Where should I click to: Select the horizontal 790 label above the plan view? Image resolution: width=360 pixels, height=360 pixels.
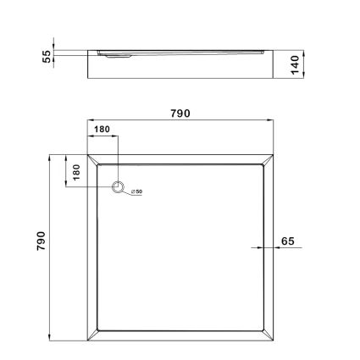coord(181,113)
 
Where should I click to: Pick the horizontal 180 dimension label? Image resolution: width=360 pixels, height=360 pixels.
coord(102,130)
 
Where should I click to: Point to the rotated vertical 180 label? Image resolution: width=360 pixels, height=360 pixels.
coord(76,170)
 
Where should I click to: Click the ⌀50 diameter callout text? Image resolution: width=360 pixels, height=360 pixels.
coord(136,192)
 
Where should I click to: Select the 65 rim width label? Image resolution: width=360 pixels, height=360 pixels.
coord(287,241)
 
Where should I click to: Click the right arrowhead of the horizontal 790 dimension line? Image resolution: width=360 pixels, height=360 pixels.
coord(273,122)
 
